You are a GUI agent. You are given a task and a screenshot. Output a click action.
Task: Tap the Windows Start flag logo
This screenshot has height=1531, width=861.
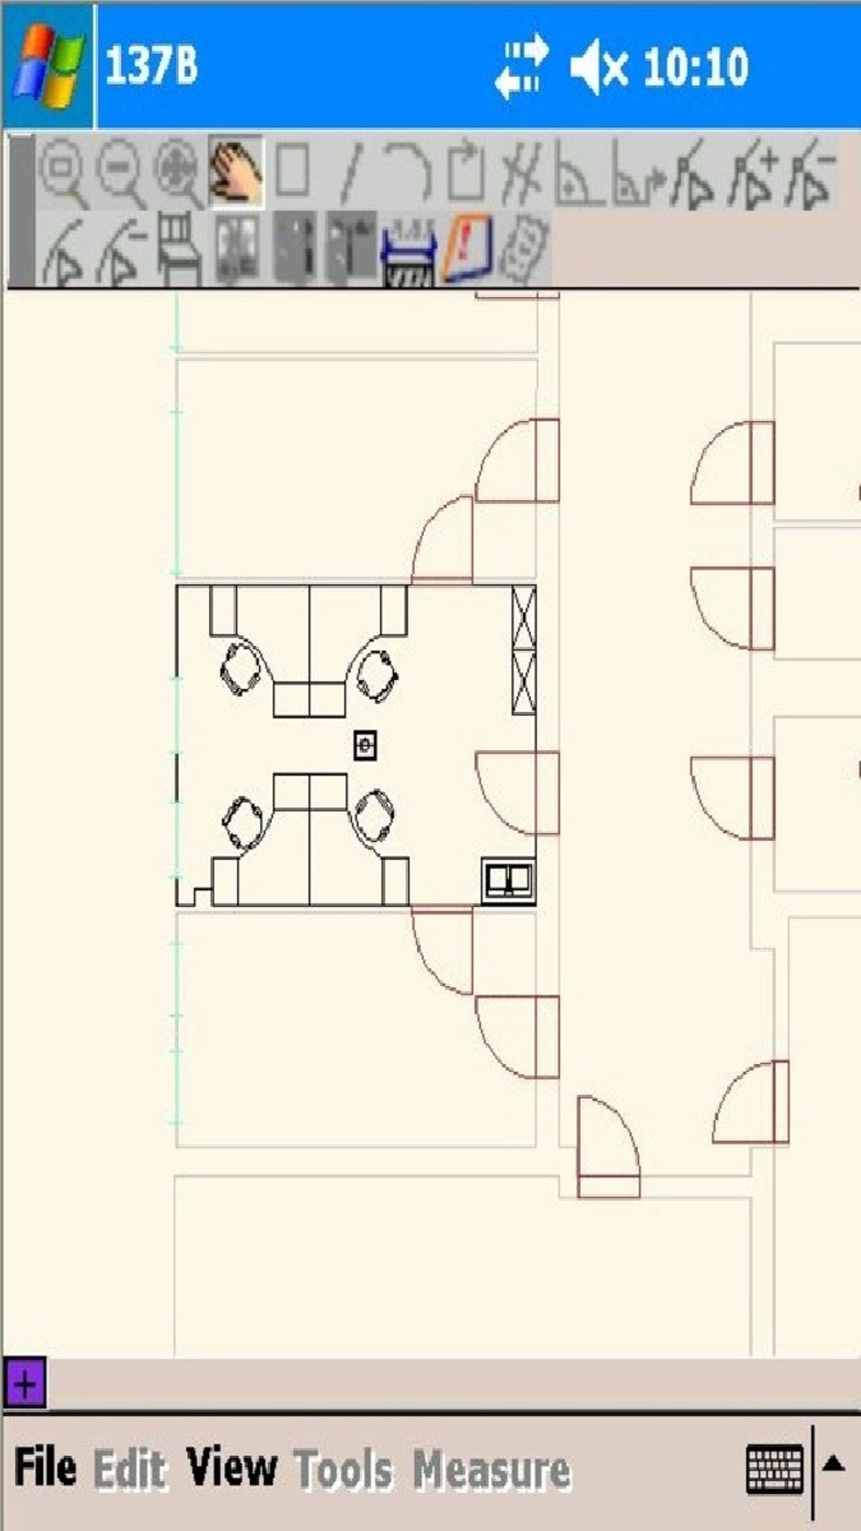point(48,66)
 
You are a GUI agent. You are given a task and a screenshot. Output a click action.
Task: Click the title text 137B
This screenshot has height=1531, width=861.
point(151,66)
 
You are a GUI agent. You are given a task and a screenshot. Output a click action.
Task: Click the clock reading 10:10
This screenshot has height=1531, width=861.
point(696,67)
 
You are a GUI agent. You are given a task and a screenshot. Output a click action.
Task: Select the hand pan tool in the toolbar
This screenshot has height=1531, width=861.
point(236,171)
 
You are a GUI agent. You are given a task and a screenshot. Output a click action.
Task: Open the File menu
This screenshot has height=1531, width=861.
point(46,1467)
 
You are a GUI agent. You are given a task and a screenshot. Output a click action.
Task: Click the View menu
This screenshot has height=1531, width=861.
point(231,1467)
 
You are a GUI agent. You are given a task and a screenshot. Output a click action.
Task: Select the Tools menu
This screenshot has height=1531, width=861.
point(343,1469)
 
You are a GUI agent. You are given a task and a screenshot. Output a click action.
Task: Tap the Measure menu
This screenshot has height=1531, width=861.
point(491,1469)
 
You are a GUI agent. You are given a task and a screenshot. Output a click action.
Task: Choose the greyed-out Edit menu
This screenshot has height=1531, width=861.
point(129,1469)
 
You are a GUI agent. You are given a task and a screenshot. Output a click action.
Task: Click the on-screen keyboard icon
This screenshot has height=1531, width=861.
point(775,1469)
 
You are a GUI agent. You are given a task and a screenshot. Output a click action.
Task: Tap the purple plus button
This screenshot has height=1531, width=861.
point(25,1385)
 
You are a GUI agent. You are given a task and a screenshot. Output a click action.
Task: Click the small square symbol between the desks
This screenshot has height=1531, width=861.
point(365,746)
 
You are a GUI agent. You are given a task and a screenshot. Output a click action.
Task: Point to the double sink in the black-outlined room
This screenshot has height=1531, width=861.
point(508,881)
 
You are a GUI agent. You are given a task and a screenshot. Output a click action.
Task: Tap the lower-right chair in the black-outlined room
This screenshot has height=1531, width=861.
point(373,817)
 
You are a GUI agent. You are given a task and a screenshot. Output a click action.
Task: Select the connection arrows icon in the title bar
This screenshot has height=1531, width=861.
point(521,66)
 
